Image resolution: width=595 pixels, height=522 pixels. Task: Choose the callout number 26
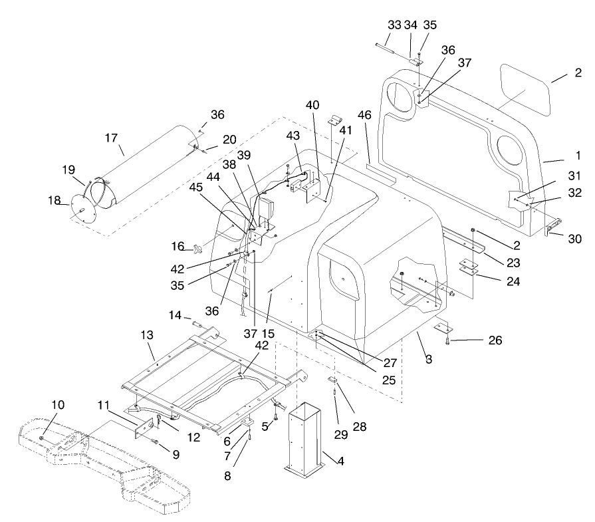point(495,341)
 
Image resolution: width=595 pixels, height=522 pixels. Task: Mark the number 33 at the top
point(394,25)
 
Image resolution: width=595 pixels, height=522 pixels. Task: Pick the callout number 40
point(312,105)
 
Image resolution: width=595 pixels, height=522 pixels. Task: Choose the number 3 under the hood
point(429,360)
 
